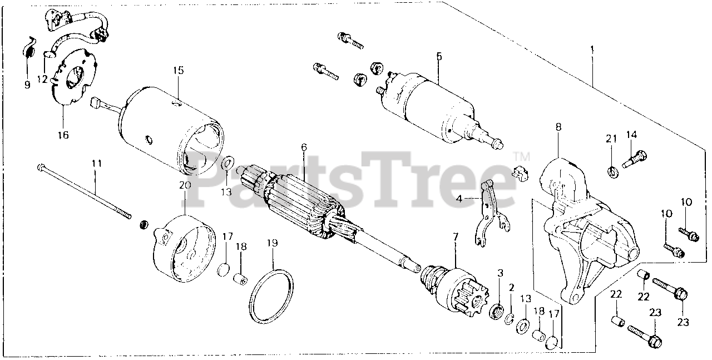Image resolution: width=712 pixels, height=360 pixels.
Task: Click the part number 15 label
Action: coord(179,70)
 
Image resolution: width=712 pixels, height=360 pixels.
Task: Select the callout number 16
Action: coord(63,135)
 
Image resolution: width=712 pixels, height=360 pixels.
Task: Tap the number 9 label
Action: coord(27,85)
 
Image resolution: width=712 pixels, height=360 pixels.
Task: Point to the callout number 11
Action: coord(97,164)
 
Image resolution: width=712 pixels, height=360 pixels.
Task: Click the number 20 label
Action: coord(185,185)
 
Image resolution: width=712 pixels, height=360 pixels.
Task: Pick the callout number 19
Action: coord(273,243)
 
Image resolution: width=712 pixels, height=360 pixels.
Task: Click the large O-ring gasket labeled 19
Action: coord(271,297)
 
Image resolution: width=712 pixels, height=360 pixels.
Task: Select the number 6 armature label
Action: coord(304,147)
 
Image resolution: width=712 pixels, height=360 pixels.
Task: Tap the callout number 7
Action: coord(456,236)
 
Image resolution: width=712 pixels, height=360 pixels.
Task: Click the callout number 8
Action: coord(558,127)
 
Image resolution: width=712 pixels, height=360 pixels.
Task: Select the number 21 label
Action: coord(611,139)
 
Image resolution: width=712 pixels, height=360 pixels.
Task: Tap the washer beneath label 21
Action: coord(613,172)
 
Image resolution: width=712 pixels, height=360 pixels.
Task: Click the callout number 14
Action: coord(631,135)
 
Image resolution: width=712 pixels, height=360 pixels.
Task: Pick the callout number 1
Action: coord(592,50)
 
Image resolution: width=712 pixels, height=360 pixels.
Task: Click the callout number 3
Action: coord(500,273)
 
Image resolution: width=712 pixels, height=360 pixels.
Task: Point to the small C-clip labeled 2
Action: coord(509,319)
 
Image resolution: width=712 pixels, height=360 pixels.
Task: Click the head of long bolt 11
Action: coord(41,166)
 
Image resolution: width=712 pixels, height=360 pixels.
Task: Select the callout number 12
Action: coord(42,79)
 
